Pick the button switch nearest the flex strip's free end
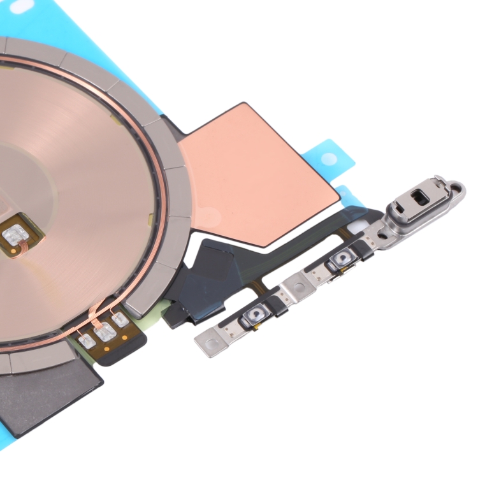[257, 314]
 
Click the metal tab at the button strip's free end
[213, 343]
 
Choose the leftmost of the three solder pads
[87, 341]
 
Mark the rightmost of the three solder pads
[120, 319]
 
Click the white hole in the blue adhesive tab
[328, 157]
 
